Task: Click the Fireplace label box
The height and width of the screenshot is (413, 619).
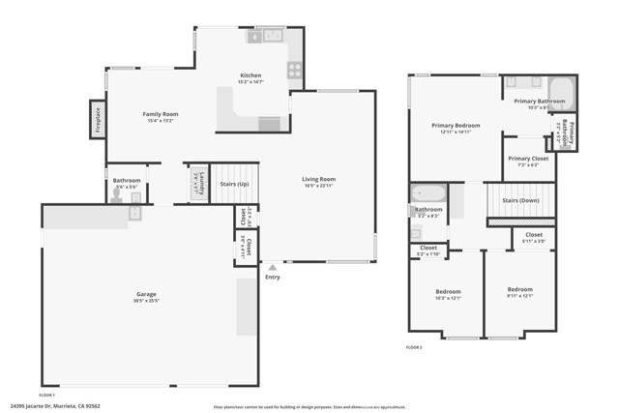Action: click(x=98, y=119)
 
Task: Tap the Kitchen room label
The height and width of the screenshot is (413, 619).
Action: click(x=251, y=75)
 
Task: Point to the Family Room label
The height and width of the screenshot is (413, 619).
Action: click(x=160, y=114)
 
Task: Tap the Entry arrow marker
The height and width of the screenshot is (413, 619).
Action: click(x=273, y=267)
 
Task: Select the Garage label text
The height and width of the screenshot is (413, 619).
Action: click(x=146, y=294)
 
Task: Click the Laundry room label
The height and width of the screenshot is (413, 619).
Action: click(x=196, y=179)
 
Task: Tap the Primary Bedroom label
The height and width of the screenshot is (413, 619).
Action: click(x=455, y=126)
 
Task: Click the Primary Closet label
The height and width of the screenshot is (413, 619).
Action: click(x=527, y=158)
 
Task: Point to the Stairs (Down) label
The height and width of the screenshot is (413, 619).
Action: click(x=520, y=200)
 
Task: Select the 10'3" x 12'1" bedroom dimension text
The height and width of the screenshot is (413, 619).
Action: click(x=447, y=298)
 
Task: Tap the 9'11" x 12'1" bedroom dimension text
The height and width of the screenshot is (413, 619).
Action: click(x=519, y=296)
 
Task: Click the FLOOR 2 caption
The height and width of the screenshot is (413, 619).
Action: click(x=414, y=346)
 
